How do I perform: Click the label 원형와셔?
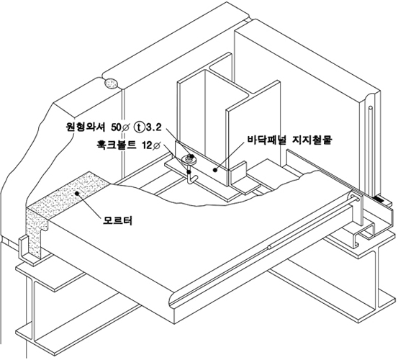84,127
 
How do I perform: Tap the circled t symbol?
139,127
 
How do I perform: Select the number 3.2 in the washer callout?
153,127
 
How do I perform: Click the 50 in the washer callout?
116,127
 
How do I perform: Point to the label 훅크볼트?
117,145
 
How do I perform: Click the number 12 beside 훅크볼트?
147,145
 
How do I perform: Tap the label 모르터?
117,220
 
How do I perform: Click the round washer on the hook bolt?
189,160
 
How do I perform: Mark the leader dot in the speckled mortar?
76,194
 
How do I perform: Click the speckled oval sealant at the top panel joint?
111,84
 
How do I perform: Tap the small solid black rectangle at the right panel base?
379,199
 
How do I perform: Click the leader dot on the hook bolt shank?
189,172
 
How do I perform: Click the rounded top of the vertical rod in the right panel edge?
371,108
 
